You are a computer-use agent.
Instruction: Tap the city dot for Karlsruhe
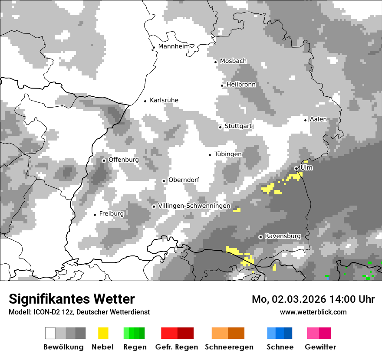[145, 101]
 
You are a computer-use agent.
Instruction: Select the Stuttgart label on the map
[238, 126]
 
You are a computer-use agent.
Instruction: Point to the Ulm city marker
[296, 168]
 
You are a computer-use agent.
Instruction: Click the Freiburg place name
[112, 214]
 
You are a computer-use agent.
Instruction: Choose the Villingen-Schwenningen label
[194, 206]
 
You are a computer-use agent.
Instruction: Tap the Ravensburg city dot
[260, 237]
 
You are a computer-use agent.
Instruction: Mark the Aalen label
[318, 119]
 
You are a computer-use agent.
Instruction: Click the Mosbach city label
[233, 61]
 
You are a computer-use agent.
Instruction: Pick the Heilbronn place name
[241, 85]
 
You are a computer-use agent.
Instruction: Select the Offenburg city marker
[104, 160]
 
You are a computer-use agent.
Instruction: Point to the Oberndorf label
[184, 180]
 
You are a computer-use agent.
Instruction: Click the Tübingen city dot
[210, 155]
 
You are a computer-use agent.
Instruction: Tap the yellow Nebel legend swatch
[103, 333]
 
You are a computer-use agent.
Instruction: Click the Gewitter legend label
[320, 347]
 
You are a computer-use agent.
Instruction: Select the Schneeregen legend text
[229, 347]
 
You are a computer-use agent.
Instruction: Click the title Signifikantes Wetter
[72, 299]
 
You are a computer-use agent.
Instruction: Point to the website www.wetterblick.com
[313, 312]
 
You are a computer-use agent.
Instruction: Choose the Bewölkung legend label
[63, 347]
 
